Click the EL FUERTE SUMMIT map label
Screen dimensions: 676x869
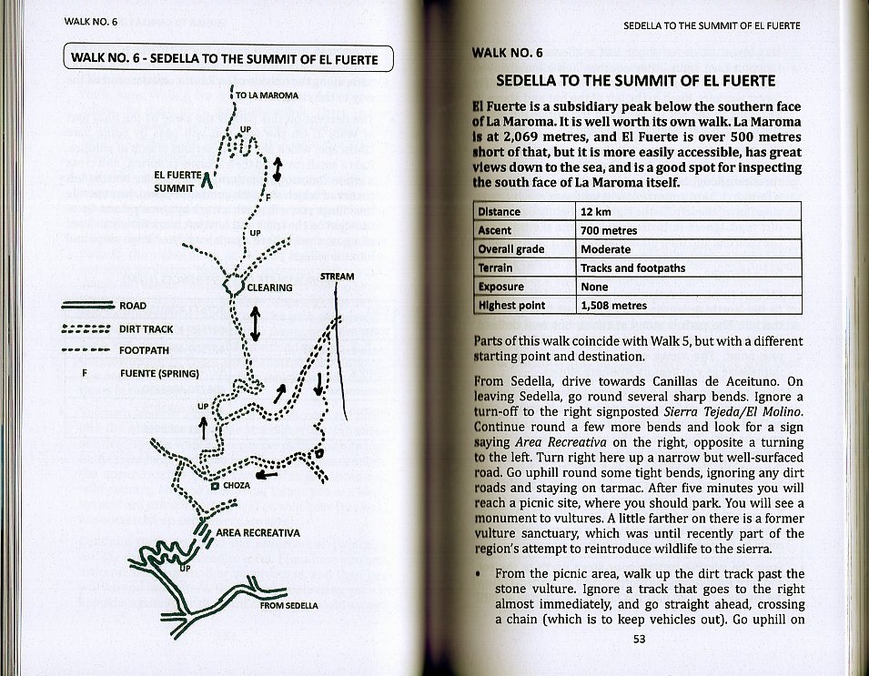175,181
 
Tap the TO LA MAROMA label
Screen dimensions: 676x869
267,95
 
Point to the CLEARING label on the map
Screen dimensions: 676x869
269,288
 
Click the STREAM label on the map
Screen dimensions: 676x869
337,276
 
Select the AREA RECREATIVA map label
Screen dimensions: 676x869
258,532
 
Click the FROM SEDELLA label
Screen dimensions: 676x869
288,605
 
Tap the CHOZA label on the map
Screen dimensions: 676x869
236,486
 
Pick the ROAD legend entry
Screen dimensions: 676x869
132,306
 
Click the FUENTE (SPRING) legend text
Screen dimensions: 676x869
159,373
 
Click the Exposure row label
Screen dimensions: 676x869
500,287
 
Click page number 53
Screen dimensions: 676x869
639,639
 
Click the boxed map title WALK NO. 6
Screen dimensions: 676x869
228,59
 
